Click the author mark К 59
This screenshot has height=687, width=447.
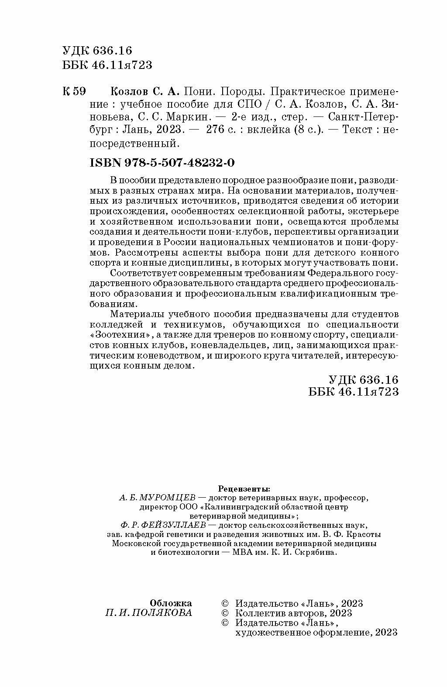75,92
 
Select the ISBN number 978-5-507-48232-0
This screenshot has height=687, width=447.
162,163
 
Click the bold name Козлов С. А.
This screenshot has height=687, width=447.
143,92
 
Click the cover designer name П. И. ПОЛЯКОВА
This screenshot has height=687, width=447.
148,613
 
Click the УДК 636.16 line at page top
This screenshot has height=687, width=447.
97,51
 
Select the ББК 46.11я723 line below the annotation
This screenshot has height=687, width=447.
353,392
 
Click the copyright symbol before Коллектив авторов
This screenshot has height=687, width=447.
225,613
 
